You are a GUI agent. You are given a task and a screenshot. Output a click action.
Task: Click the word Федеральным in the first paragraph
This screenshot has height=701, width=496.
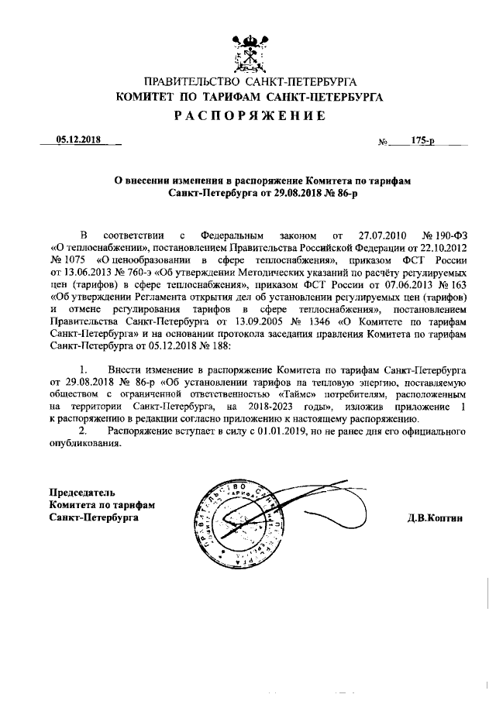[232, 232]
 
